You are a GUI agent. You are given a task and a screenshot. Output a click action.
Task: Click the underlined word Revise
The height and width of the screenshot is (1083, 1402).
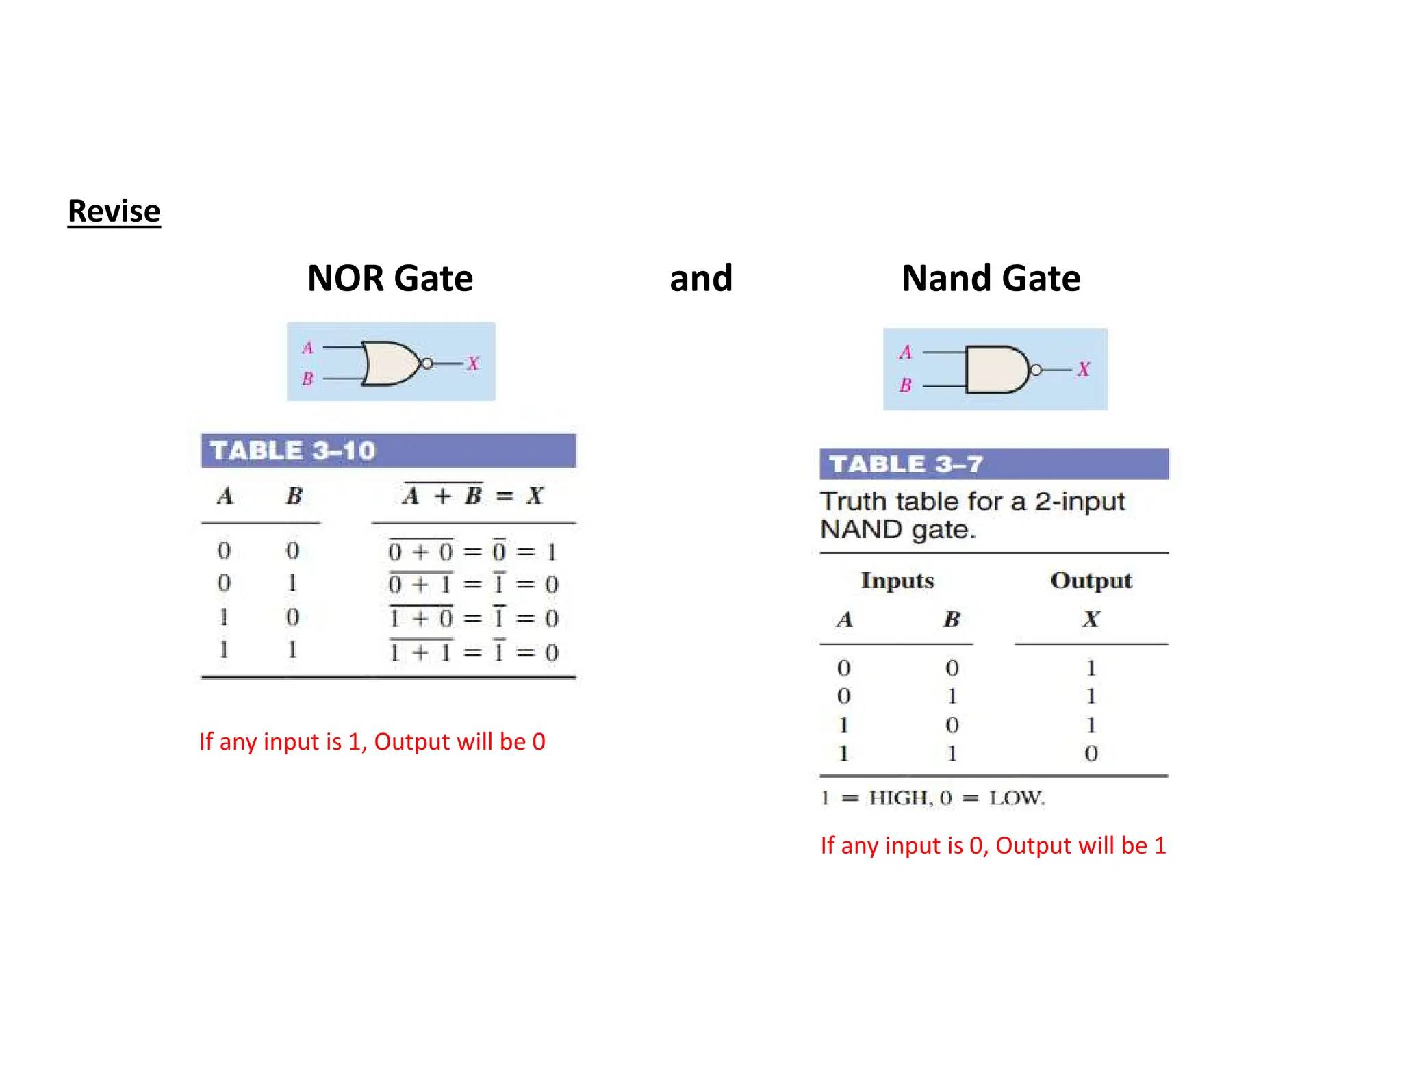[x=114, y=211]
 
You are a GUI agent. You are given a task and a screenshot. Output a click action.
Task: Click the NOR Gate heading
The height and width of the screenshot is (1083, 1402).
[x=390, y=278]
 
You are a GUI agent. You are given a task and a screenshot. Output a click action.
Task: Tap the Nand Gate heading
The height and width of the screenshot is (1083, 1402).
[x=991, y=278]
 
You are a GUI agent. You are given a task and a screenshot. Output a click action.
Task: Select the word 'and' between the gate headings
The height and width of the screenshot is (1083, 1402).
[x=701, y=278]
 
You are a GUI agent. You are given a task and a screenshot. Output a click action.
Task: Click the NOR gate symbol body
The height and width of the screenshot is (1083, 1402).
[x=387, y=363]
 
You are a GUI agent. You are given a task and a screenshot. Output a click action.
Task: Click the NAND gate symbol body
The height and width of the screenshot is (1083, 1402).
[x=994, y=370]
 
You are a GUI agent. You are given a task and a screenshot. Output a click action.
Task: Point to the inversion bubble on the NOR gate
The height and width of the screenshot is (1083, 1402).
[x=427, y=364]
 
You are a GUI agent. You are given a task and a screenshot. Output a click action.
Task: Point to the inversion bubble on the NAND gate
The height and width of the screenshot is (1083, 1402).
[x=1036, y=370]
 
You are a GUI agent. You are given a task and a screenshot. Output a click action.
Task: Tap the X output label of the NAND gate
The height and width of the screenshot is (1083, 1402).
[x=1083, y=370]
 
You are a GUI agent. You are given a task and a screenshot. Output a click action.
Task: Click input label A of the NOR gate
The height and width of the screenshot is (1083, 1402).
[x=307, y=348]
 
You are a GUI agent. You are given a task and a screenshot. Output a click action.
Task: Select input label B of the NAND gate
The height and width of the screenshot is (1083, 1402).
[x=906, y=385]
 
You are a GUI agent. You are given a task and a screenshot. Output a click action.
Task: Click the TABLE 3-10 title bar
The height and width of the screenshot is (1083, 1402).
[x=388, y=450]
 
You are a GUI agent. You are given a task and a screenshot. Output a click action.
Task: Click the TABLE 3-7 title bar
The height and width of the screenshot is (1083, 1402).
[x=994, y=464]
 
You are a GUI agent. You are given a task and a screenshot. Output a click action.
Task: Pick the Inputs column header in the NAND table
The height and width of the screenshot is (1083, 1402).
[x=897, y=581]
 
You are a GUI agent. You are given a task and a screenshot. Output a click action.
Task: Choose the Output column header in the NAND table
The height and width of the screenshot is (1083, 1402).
[x=1091, y=581]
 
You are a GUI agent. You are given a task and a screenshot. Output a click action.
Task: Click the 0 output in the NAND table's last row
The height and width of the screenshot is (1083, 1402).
[x=1091, y=754]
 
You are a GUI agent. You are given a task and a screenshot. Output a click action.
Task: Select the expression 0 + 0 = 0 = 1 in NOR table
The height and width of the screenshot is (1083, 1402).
[x=472, y=551]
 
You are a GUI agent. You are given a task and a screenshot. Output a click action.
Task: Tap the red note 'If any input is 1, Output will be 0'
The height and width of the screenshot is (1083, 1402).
[x=372, y=741]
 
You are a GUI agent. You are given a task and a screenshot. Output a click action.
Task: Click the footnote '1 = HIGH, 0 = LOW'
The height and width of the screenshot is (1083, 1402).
[x=933, y=798]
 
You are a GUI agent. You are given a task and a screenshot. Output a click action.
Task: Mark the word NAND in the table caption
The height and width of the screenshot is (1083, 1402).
[x=861, y=530]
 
